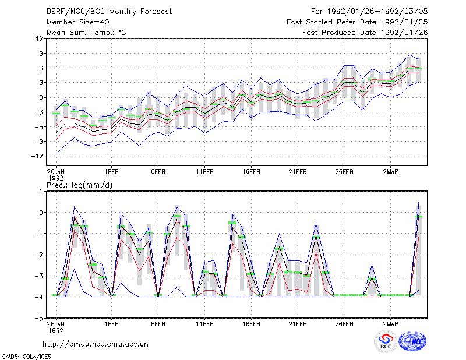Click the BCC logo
[x=386, y=342]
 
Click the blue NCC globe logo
[x=412, y=341]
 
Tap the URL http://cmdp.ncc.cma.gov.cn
[x=96, y=344]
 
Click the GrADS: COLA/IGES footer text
[x=26, y=357]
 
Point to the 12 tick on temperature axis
[x=40, y=39]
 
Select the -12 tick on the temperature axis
[x=37, y=156]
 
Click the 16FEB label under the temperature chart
[x=251, y=172]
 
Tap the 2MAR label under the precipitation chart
[x=390, y=324]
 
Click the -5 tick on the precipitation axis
[x=39, y=319]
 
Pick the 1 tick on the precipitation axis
[x=41, y=192]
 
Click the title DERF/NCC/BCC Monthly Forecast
[x=109, y=12]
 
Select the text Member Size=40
[x=78, y=22]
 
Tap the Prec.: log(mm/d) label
[x=79, y=185]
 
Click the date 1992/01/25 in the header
[x=404, y=22]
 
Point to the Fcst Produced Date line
[x=365, y=33]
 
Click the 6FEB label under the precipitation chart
[x=158, y=324]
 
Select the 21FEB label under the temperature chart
[x=298, y=172]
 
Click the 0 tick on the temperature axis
[x=41, y=97]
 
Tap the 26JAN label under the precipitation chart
[x=55, y=327]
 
